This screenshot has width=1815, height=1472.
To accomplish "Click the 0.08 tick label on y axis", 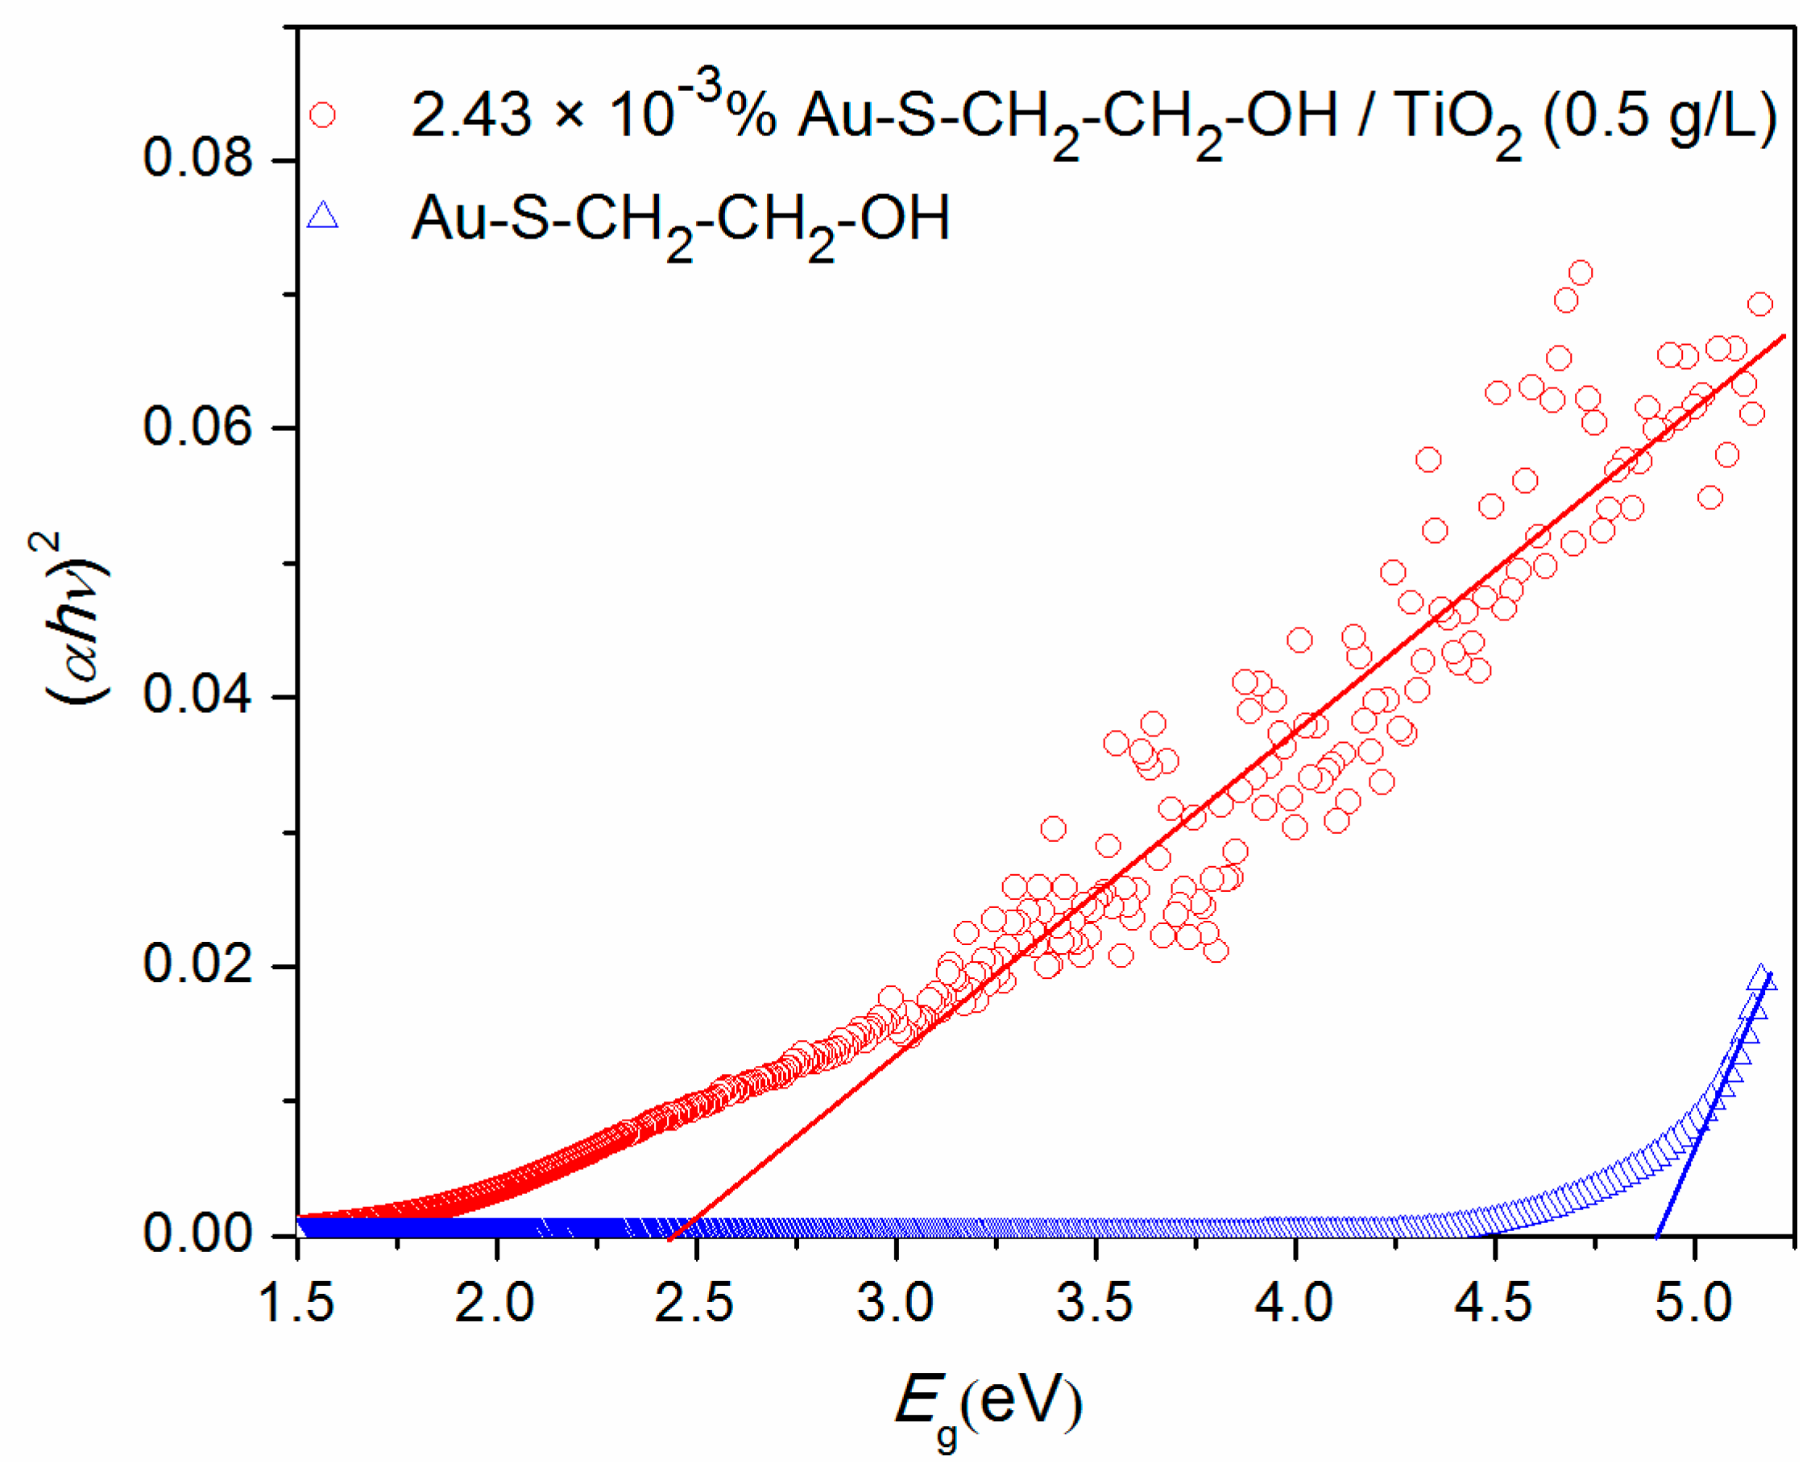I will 197,158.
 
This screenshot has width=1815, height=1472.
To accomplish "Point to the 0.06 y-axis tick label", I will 197,426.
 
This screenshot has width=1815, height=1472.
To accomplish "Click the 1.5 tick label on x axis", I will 296,1303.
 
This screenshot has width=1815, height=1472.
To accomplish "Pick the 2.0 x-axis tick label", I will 496,1303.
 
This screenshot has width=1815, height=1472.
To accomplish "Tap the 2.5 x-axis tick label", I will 695,1303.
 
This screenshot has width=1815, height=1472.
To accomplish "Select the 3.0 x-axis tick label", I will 895,1303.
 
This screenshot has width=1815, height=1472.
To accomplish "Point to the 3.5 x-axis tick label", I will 1095,1303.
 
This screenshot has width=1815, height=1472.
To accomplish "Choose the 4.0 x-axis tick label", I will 1295,1303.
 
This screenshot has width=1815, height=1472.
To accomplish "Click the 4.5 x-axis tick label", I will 1494,1303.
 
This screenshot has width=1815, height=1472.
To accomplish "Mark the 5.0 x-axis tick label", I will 1694,1303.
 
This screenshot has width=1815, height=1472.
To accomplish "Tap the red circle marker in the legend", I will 322,114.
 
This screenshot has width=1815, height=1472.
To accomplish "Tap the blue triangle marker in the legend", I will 322,215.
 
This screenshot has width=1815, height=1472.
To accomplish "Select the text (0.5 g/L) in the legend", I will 1660,117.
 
